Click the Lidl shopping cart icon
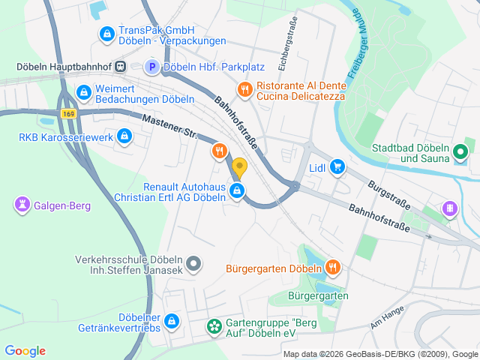(337, 166)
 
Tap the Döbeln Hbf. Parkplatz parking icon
(151, 67)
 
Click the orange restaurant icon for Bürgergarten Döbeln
(333, 267)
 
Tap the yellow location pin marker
(239, 169)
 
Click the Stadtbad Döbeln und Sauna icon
(462, 154)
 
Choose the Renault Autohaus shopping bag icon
(237, 191)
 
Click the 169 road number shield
(69, 114)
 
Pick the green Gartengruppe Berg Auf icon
(213, 326)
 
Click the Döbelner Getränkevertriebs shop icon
(172, 320)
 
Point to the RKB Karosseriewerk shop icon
(124, 136)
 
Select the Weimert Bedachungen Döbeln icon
(83, 93)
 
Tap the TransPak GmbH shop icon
(106, 34)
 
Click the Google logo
(25, 351)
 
